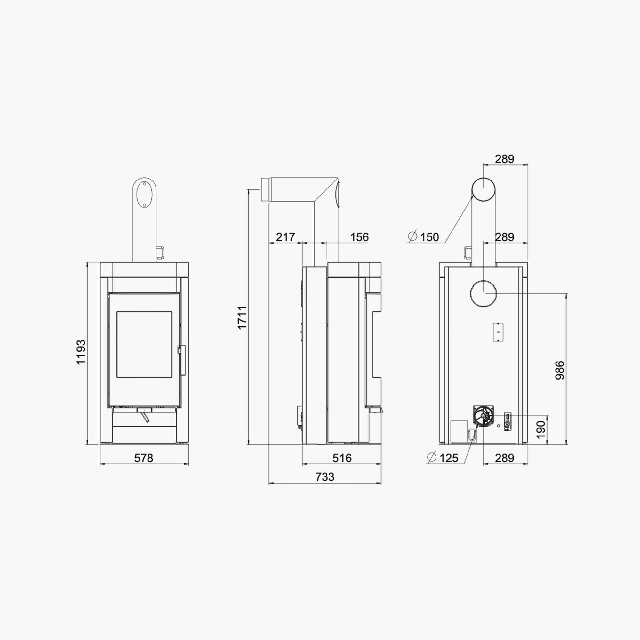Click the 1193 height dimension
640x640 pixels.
81,352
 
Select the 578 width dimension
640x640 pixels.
144,458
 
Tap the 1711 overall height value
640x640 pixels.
243,317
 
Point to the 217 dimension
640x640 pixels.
285,237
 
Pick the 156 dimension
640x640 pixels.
359,237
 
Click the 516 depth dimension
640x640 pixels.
342,458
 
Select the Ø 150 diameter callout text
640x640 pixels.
424,237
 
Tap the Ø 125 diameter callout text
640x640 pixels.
443,458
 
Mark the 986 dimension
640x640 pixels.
560,370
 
